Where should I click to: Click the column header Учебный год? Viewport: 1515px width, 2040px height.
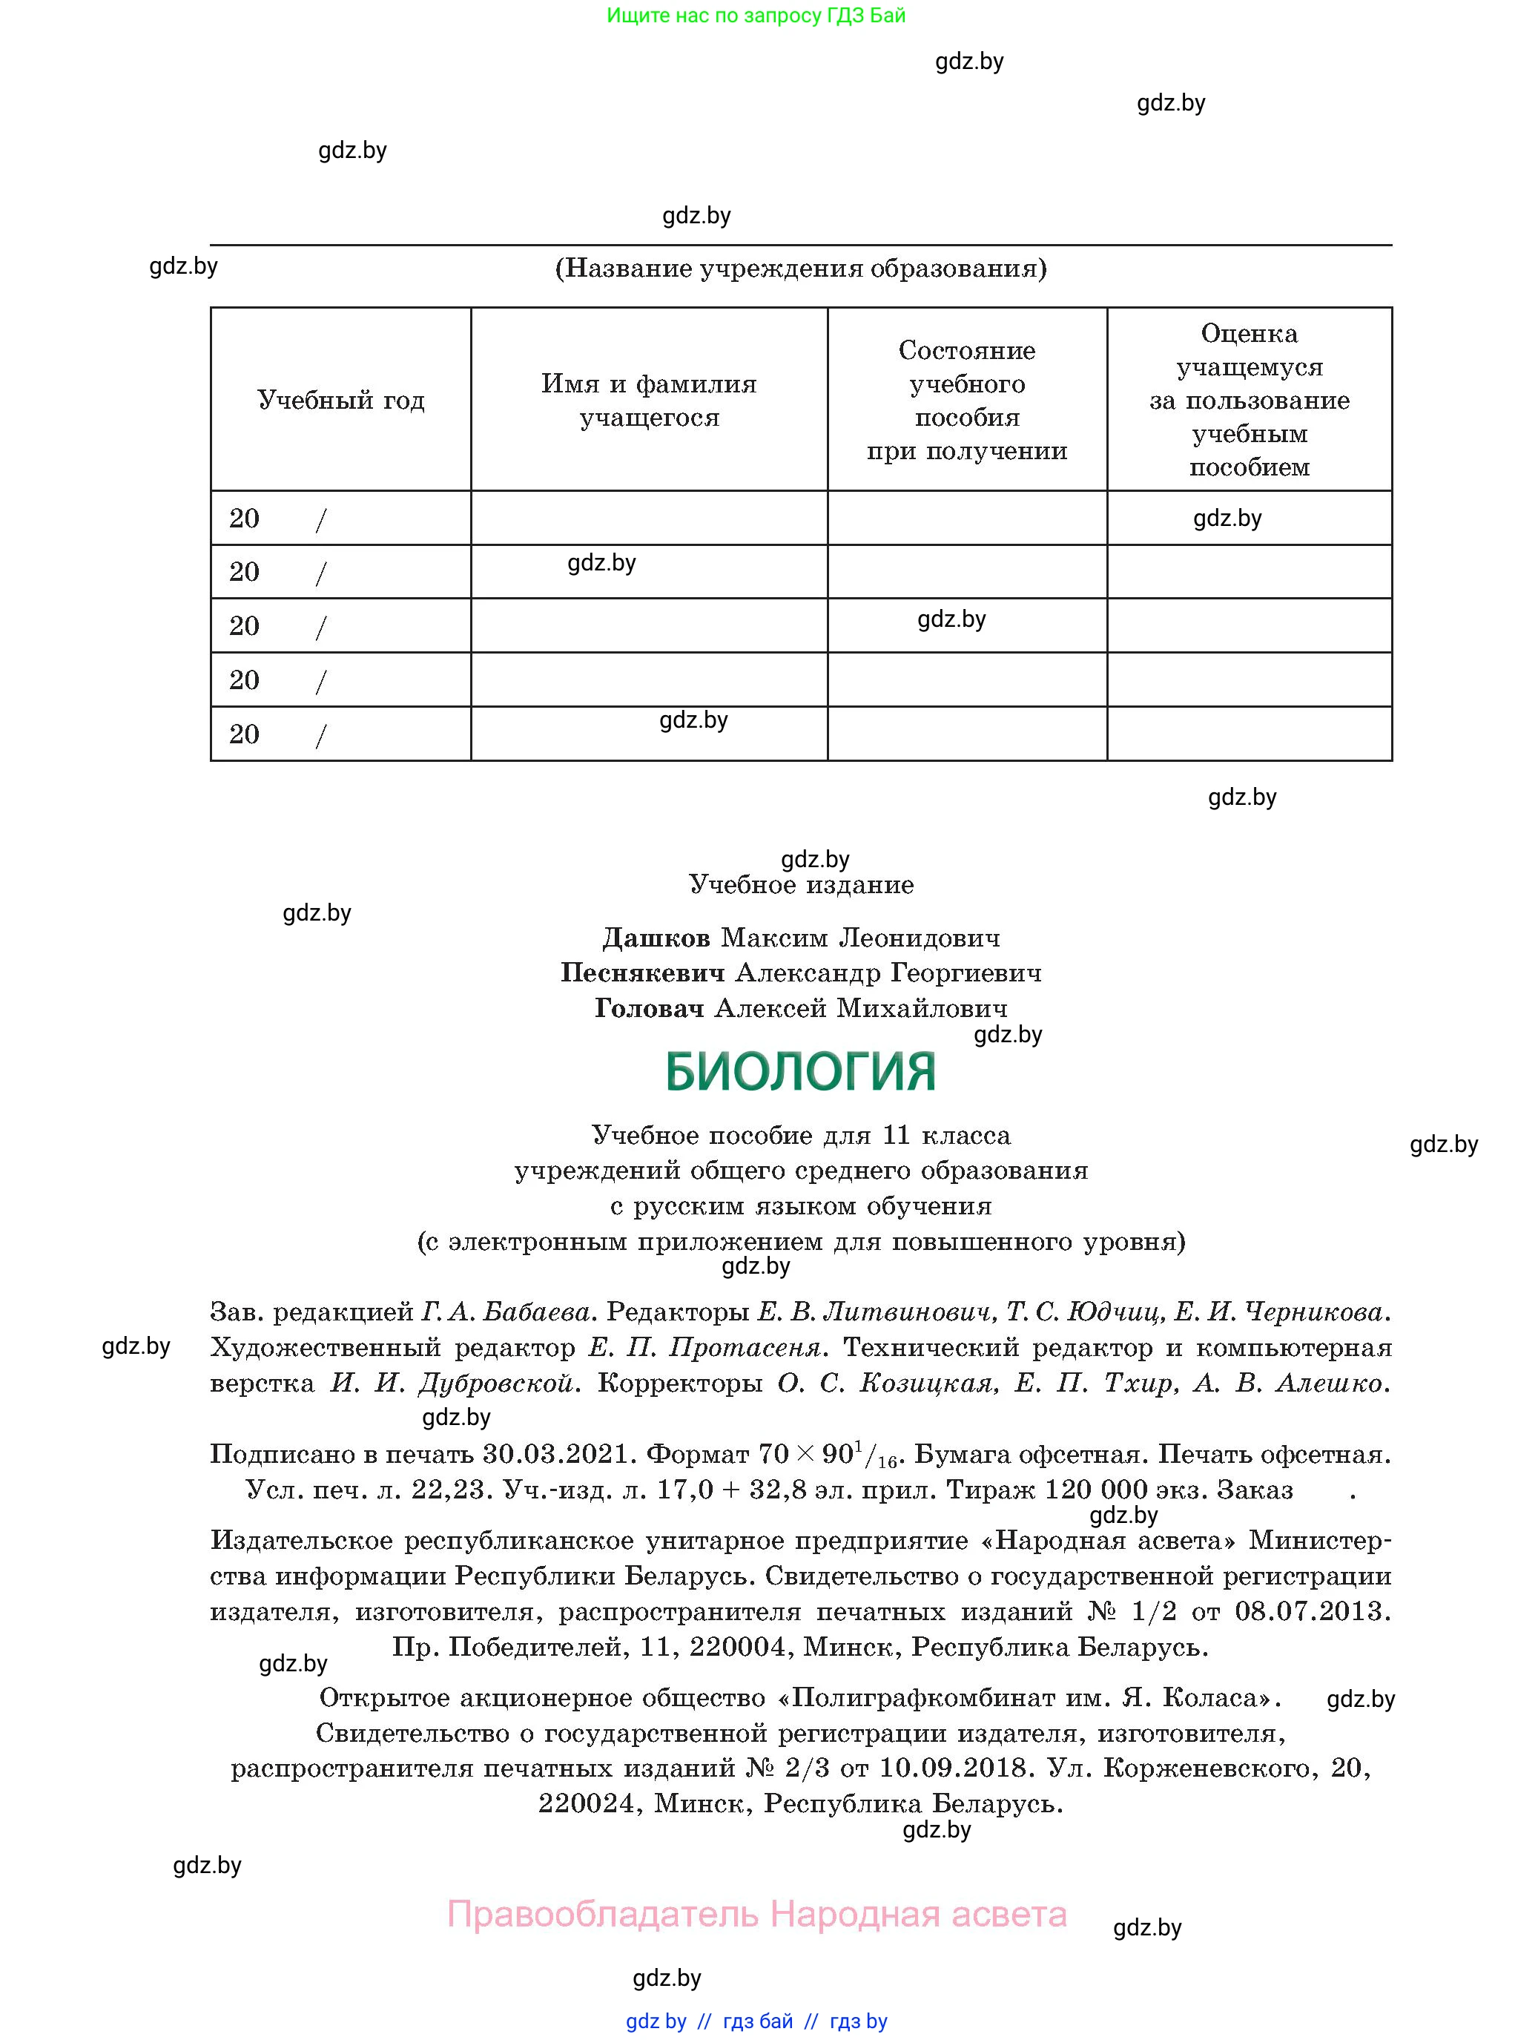pyautogui.click(x=340, y=400)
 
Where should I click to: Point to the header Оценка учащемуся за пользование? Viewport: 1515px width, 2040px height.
pyautogui.click(x=1249, y=400)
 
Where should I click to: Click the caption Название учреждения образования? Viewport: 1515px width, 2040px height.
pyautogui.click(x=801, y=269)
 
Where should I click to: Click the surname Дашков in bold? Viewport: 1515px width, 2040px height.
pyautogui.click(x=656, y=938)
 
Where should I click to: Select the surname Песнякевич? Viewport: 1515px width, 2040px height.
pyautogui.click(x=642, y=973)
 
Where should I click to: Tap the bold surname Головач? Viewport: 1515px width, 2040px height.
pyautogui.click(x=650, y=1009)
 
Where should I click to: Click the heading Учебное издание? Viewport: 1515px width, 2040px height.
pyautogui.click(x=801, y=885)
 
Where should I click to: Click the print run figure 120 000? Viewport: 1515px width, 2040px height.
pyautogui.click(x=1096, y=1490)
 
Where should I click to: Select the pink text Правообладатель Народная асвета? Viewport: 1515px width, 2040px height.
pyautogui.click(x=756, y=1915)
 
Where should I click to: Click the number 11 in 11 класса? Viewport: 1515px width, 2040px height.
pyautogui.click(x=895, y=1136)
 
